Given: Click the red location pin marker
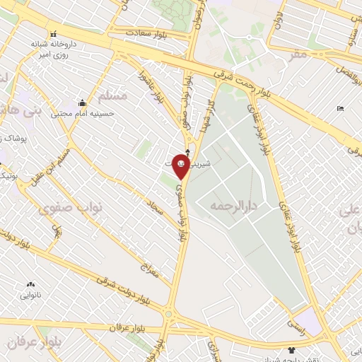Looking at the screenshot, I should (181, 165).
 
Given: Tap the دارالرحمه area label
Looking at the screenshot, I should (233, 206).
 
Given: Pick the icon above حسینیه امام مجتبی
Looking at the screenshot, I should (83, 103).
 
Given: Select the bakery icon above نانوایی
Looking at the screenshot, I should (30, 283).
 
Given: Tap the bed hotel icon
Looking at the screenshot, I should (340, 109).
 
